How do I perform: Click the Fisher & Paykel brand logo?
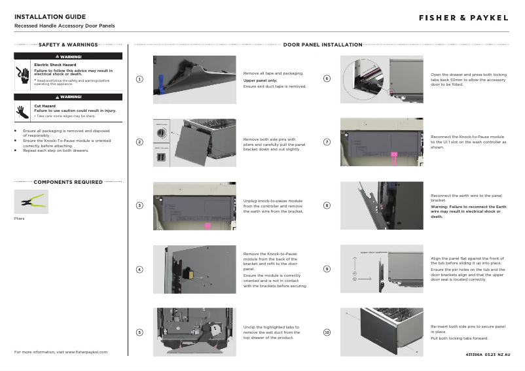pos(463,18)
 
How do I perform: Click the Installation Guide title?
pos(50,16)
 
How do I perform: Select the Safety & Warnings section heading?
pos(68,45)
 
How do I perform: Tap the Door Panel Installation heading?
pos(323,45)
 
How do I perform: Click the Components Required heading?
pos(68,182)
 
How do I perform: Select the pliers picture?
pos(31,202)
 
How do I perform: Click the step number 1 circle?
pos(139,79)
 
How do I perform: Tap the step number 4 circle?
pos(139,270)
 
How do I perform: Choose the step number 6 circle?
pos(327,79)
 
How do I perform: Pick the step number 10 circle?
pos(327,332)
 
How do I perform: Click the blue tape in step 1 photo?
pos(160,85)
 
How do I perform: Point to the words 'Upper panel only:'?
pos(261,80)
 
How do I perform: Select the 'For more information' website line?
pos(61,352)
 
